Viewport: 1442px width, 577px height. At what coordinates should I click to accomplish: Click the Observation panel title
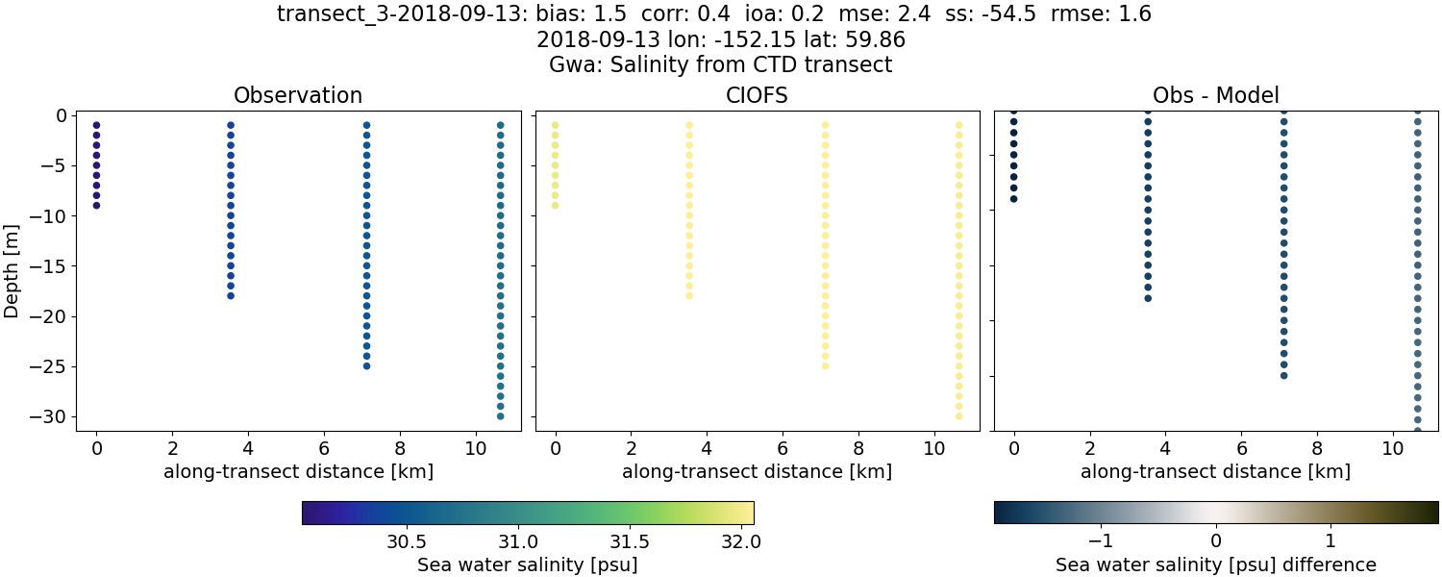tap(298, 96)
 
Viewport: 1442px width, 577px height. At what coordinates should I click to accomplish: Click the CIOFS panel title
tap(757, 96)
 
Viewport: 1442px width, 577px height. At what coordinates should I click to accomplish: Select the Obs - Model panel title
tap(1216, 96)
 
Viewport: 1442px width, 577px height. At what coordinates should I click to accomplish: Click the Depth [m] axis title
tap(12, 265)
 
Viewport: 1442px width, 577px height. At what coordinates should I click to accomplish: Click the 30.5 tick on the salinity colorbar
tap(407, 541)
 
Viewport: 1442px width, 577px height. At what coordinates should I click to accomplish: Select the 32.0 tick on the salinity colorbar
tap(740, 541)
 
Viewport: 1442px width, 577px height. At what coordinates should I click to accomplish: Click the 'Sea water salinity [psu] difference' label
tap(1216, 564)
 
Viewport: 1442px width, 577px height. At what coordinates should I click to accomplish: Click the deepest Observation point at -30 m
tap(500, 416)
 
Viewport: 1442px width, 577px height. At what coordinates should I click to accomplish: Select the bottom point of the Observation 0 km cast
tap(96, 205)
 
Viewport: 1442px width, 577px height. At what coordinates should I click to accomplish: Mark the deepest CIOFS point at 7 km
tap(825, 365)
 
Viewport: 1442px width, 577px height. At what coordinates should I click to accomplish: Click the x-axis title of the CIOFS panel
tap(757, 472)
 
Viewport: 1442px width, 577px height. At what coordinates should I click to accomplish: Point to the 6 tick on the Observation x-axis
tap(323, 449)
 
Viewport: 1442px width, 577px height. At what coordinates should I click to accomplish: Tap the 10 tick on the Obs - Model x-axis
tap(1393, 449)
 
